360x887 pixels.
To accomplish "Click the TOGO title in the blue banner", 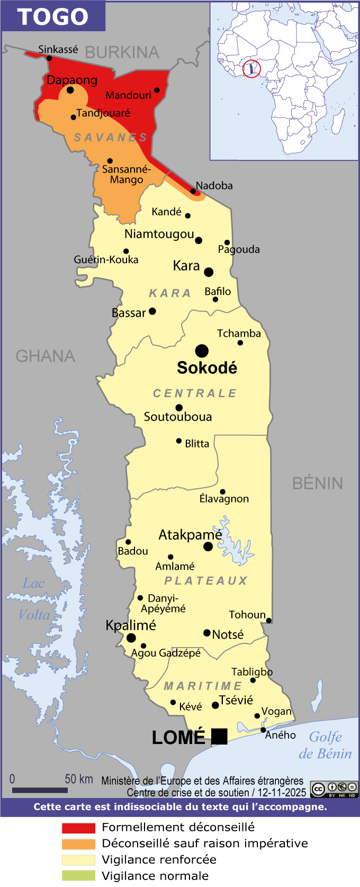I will click(52, 16).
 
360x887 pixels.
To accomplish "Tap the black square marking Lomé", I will click(219, 737).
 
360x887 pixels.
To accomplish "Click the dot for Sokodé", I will click(202, 351).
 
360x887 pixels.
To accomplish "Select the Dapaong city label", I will click(72, 80).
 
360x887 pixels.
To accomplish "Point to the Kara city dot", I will click(209, 272).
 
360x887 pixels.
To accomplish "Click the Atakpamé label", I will click(190, 535).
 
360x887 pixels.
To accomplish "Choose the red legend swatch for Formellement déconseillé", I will click(78, 828).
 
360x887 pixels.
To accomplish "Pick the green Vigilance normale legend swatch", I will click(78, 876).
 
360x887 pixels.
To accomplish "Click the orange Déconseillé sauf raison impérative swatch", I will click(78, 844).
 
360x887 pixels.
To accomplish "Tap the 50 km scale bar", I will click(40, 790).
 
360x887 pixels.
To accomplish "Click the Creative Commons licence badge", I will click(334, 790).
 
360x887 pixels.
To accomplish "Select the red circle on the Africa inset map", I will click(251, 69).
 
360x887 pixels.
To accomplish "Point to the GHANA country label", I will click(46, 356).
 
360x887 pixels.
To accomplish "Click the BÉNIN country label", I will click(318, 483).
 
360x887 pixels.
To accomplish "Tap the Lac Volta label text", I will click(34, 599).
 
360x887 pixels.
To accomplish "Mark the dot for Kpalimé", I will click(131, 638).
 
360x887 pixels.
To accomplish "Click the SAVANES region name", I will click(110, 138).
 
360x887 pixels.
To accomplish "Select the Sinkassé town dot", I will click(49, 58).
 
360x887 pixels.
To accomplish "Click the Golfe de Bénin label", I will click(325, 745).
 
